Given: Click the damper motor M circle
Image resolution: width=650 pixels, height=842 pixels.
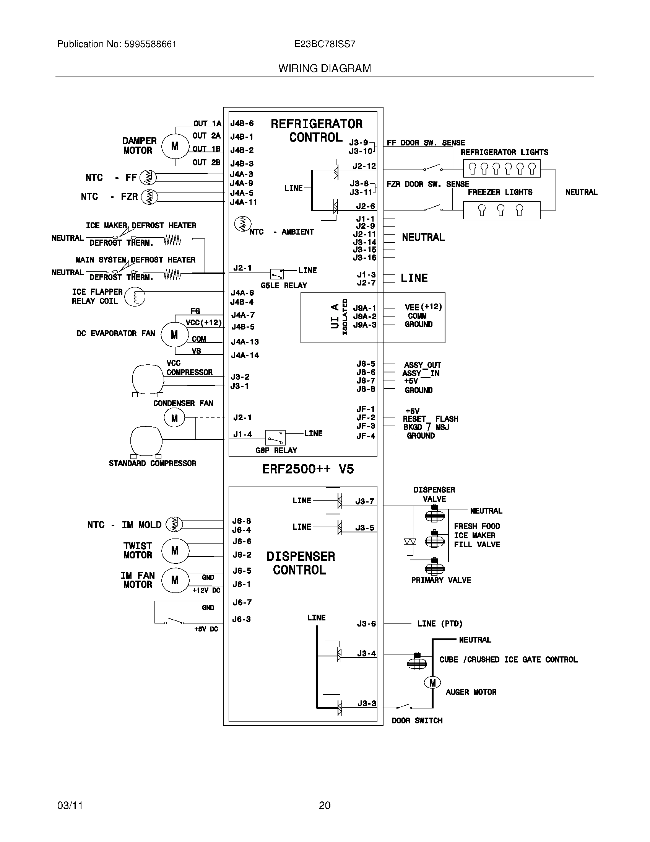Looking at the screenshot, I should tap(175, 147).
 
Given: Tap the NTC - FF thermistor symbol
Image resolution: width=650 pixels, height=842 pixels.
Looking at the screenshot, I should tap(148, 177).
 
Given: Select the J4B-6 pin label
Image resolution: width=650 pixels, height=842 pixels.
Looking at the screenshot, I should tap(242, 124).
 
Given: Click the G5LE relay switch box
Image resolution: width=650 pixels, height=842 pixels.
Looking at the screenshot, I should tap(277, 274).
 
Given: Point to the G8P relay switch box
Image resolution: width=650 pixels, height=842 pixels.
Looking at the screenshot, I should tap(275, 437).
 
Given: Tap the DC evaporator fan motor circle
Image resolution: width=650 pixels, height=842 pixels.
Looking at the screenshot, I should tap(174, 335).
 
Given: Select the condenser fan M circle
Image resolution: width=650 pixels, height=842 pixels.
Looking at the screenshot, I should tap(174, 418).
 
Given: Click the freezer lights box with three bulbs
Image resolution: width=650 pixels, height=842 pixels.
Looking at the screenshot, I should tap(501, 210).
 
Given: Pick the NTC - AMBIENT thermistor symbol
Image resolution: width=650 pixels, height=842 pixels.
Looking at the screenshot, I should tap(242, 224).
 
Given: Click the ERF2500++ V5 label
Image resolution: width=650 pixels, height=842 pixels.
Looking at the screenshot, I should tap(308, 469).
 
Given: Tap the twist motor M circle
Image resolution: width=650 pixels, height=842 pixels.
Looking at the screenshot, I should tap(175, 550).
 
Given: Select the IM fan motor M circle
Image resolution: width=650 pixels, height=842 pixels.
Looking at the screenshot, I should tap(175, 580).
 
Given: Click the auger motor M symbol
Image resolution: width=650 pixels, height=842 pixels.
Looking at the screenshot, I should tap(432, 683).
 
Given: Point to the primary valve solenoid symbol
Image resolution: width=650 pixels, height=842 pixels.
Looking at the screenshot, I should tap(435, 568).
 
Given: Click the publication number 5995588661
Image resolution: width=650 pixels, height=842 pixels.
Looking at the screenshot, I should tap(150, 44).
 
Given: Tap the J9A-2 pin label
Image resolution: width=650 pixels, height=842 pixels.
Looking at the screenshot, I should tap(364, 317).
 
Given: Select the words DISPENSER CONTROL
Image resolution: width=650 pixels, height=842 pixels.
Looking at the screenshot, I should tap(301, 563).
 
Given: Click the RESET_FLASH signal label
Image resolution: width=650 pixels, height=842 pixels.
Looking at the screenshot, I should tap(430, 419).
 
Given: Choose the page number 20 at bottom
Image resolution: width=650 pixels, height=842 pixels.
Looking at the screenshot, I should tap(325, 805).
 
